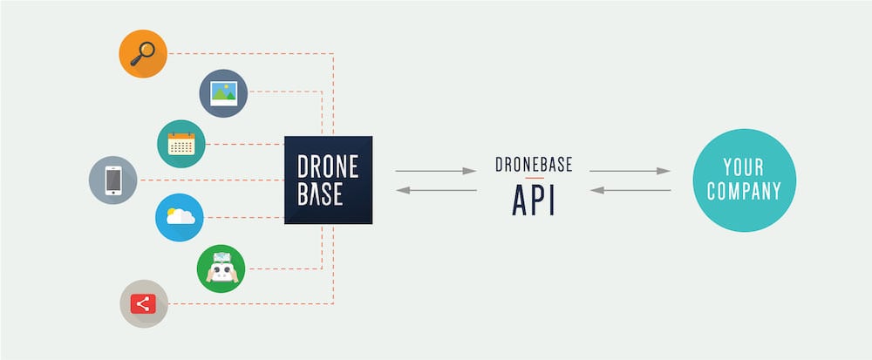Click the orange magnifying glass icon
pyautogui.click(x=143, y=54)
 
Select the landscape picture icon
pyautogui.click(x=223, y=93)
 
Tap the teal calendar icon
pyautogui.click(x=181, y=144)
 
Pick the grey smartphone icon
pyautogui.click(x=112, y=180)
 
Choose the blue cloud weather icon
pyautogui.click(x=180, y=217)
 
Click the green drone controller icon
pyautogui.click(x=221, y=268)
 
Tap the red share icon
pyautogui.click(x=144, y=304)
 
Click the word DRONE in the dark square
pyautogui.click(x=328, y=166)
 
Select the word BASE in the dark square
pyautogui.click(x=320, y=194)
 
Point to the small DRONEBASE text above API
pyautogui.click(x=534, y=165)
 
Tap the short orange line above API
pyautogui.click(x=534, y=178)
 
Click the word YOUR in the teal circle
pyautogui.click(x=744, y=166)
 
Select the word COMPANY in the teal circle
pyautogui.click(x=744, y=191)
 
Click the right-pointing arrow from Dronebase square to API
pyautogui.click(x=436, y=171)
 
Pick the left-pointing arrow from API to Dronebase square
pyautogui.click(x=436, y=191)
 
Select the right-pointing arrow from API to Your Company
pyautogui.click(x=630, y=171)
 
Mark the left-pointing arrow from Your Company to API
pyautogui.click(x=630, y=191)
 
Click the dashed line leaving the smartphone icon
pyautogui.click(x=211, y=180)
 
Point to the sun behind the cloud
pyautogui.click(x=172, y=212)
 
